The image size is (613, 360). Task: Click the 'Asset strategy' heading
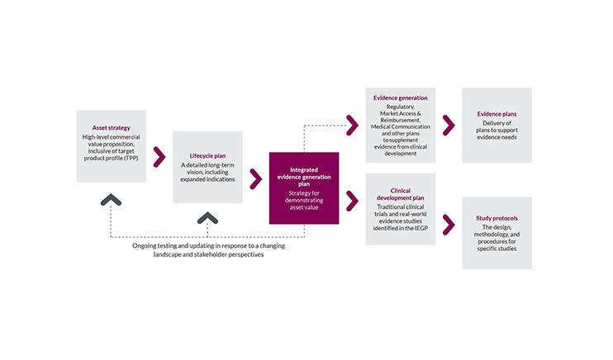tap(111, 128)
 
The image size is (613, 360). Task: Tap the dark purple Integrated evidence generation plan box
tap(303, 187)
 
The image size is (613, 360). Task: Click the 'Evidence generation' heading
tap(401, 97)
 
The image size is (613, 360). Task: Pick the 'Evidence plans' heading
tap(497, 114)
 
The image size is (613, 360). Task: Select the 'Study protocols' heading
tap(497, 218)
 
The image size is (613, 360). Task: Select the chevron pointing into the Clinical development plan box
tap(352, 199)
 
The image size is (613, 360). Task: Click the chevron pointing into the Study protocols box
tap(448, 223)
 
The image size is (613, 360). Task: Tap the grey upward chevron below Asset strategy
tap(111, 198)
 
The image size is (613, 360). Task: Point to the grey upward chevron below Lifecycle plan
tap(207, 217)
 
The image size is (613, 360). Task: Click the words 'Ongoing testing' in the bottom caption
tap(157, 246)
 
